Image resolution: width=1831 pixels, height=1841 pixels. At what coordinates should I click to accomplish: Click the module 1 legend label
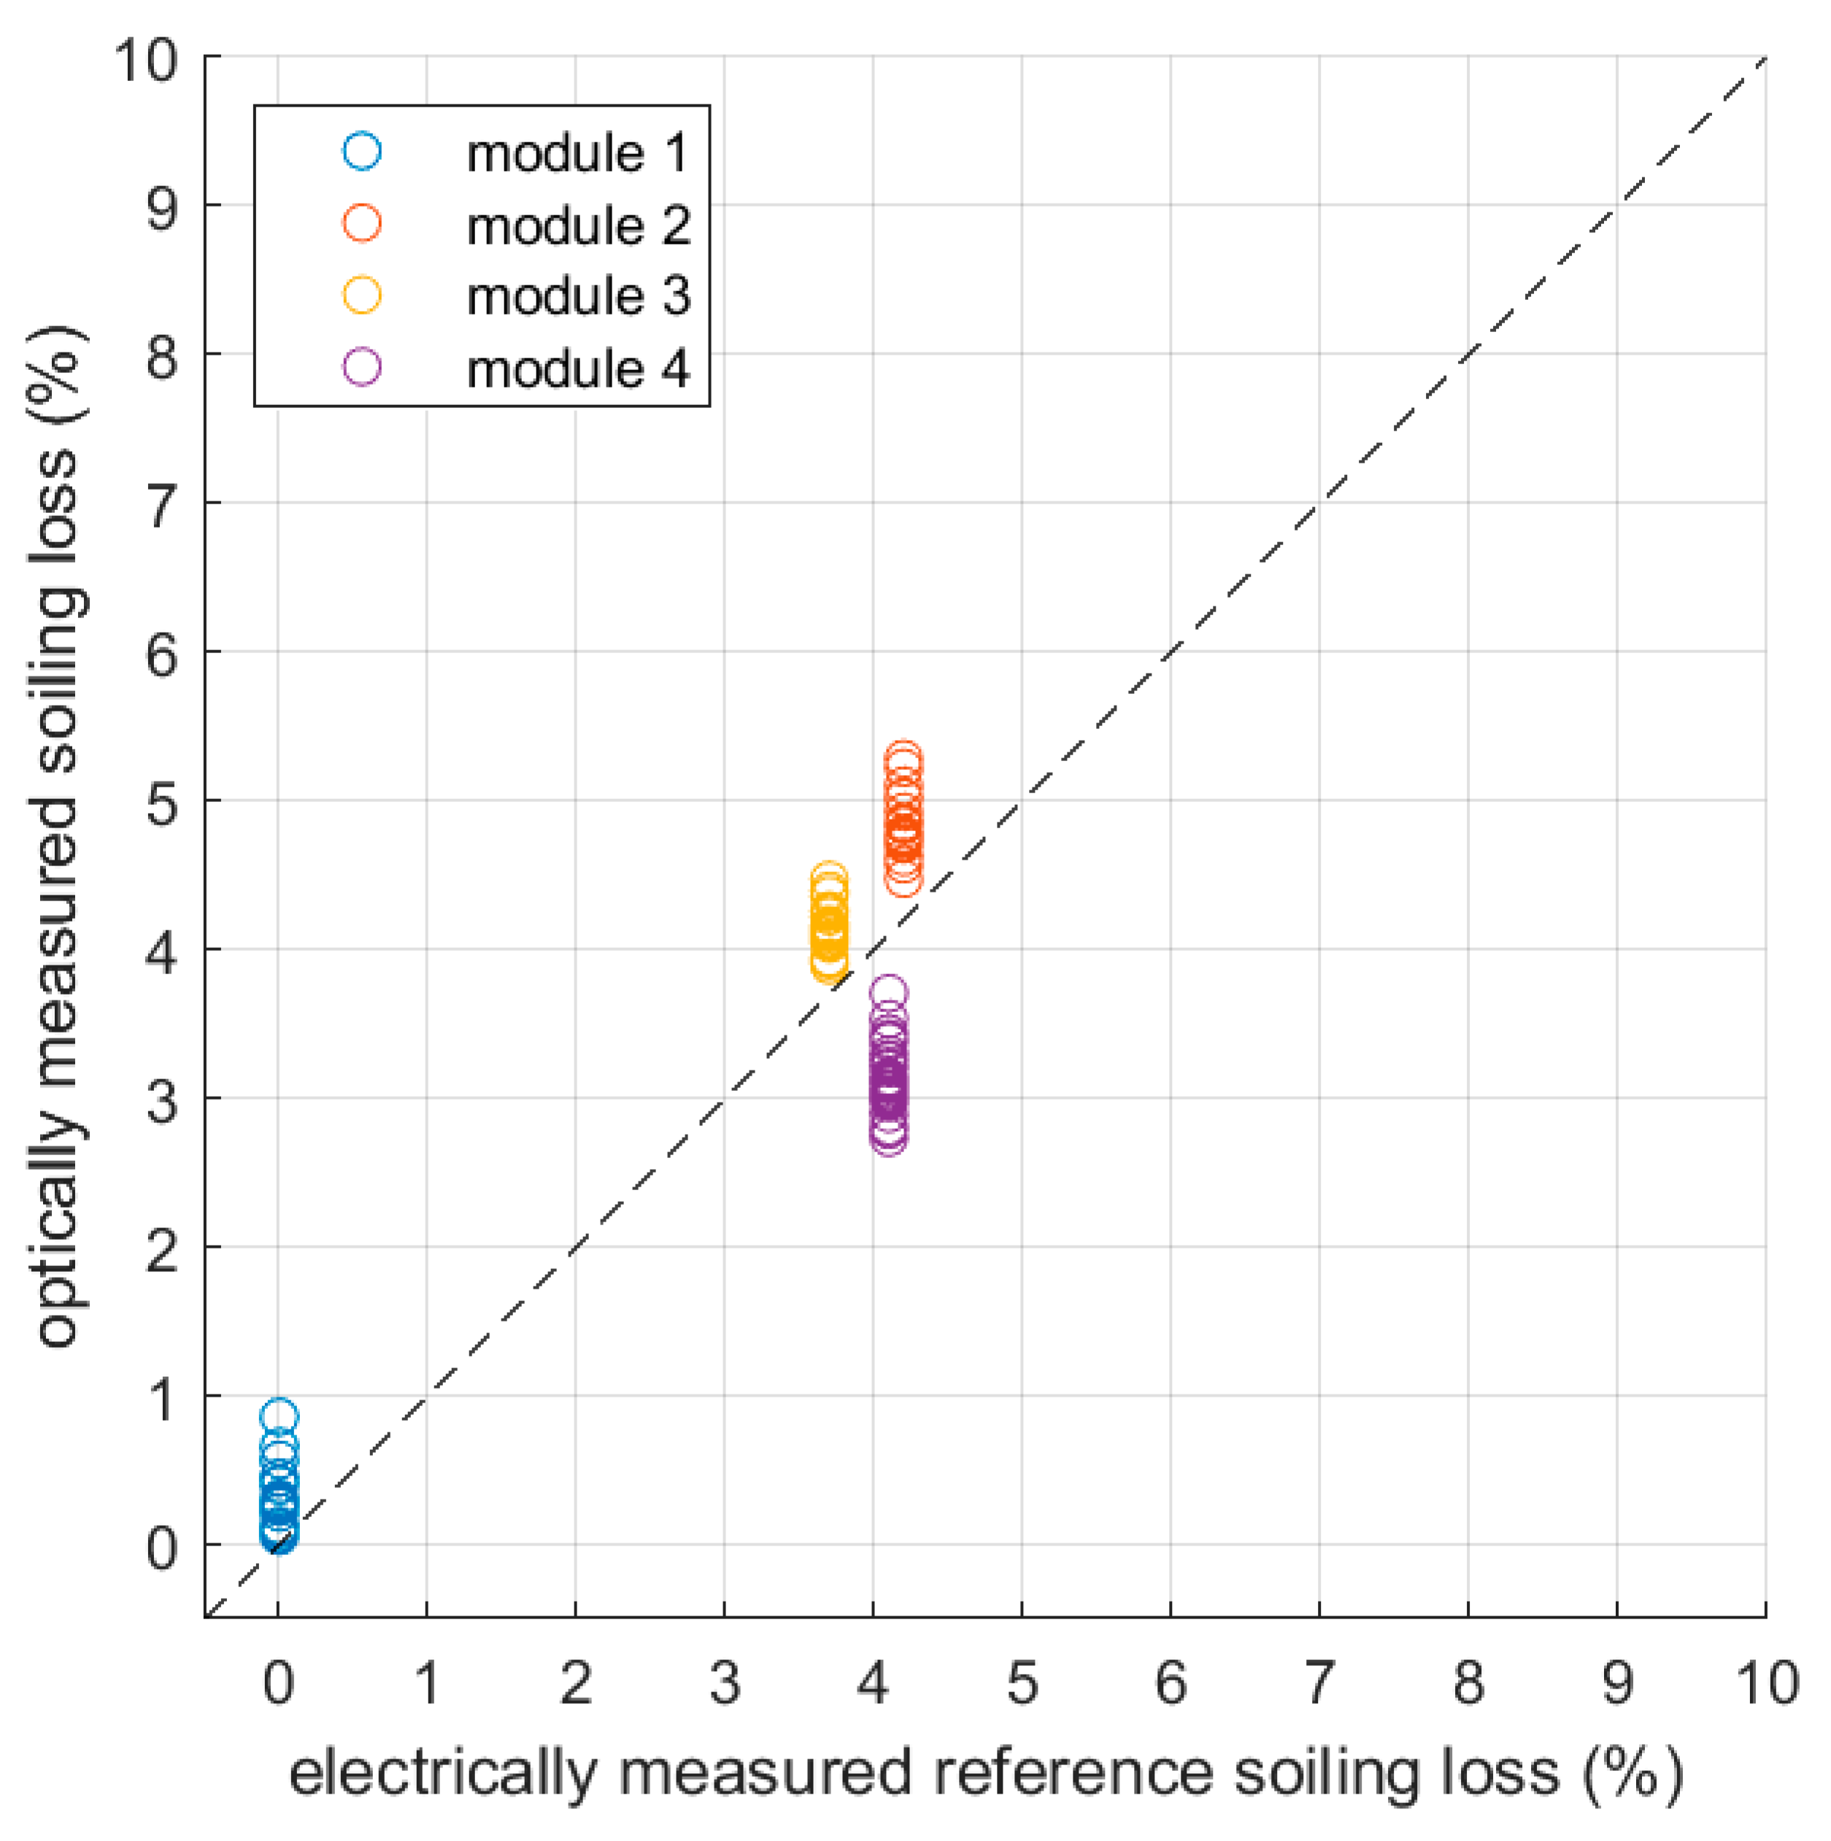576,153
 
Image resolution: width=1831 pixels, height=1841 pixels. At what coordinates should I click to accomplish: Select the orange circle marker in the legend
362,224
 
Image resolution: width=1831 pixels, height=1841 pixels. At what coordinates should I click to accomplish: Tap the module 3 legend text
577,296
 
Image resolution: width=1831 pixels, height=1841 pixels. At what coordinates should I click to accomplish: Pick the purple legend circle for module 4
362,368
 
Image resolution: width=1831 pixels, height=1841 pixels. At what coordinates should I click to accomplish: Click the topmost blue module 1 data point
278,1416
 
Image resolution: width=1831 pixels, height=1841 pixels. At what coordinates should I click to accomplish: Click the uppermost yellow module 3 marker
829,879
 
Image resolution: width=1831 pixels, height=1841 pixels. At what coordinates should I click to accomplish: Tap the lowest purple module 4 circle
888,1138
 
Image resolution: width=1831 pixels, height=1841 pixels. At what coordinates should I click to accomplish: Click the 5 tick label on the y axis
162,803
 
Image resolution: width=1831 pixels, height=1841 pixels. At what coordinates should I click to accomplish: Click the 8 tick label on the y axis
162,358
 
